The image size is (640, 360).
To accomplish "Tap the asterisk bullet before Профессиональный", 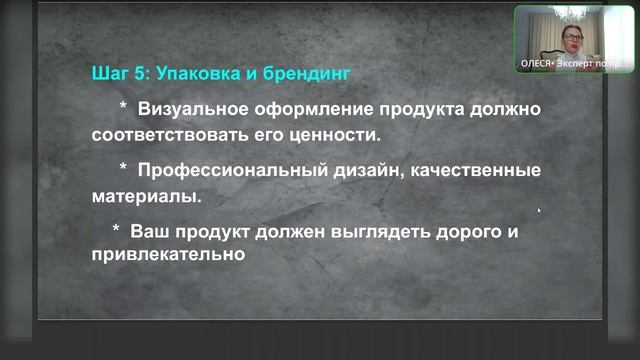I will [x=123, y=167].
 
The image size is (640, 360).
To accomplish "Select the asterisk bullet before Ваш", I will [x=117, y=229].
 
